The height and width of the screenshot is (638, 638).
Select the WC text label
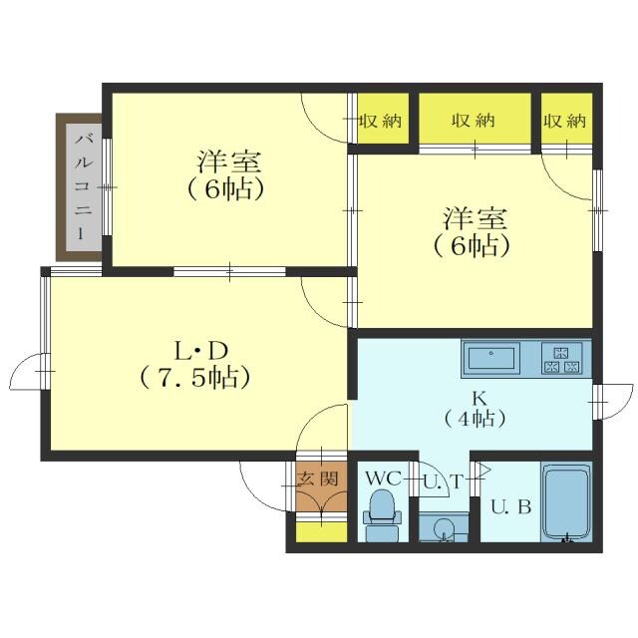[382, 478]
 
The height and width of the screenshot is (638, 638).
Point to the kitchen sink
[490, 356]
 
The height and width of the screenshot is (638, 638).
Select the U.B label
[510, 505]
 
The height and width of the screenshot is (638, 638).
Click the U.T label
[442, 481]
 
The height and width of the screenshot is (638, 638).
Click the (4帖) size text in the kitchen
[464, 419]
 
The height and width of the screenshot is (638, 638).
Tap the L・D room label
[195, 351]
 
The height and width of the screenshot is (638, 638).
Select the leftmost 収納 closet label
[380, 121]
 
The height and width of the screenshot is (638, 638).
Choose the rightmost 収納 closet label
[565, 121]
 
